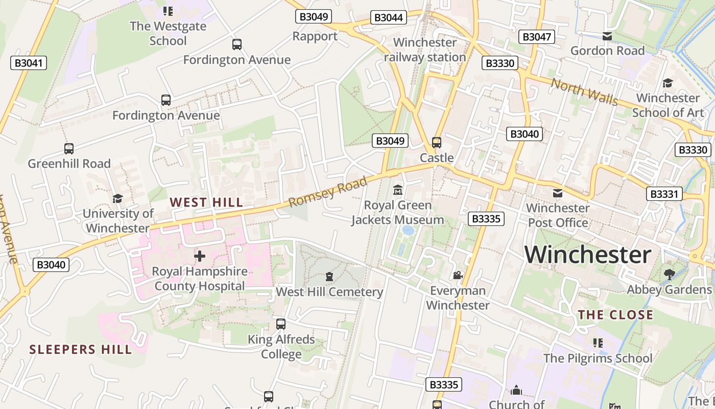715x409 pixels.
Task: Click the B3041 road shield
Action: pyautogui.click(x=29, y=63)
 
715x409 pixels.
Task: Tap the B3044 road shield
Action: pyautogui.click(x=389, y=18)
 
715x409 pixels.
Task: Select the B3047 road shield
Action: pyautogui.click(x=536, y=37)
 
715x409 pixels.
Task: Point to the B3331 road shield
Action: pyautogui.click(x=664, y=194)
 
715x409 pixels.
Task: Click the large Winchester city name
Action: pyautogui.click(x=588, y=255)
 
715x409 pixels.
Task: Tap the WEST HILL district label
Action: pyautogui.click(x=206, y=202)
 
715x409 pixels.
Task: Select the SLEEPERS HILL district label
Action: pyautogui.click(x=81, y=350)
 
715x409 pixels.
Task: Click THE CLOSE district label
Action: pyautogui.click(x=615, y=315)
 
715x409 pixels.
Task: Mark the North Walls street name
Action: pyautogui.click(x=584, y=92)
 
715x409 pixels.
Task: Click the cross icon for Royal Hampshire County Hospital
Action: pyautogui.click(x=200, y=256)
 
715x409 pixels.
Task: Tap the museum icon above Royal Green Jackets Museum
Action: pyautogui.click(x=398, y=191)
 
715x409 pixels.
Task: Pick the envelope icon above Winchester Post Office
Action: pyautogui.click(x=558, y=193)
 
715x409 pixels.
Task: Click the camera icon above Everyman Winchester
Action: pyautogui.click(x=458, y=275)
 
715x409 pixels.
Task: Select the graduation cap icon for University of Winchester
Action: pyautogui.click(x=118, y=198)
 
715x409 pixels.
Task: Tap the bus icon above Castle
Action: pyautogui.click(x=437, y=143)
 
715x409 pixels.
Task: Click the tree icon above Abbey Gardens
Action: pyautogui.click(x=669, y=275)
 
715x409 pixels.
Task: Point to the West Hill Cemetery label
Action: pyautogui.click(x=329, y=292)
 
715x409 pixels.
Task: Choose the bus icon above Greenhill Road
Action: pyautogui.click(x=69, y=149)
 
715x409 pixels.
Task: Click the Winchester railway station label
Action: pyautogui.click(x=425, y=50)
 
